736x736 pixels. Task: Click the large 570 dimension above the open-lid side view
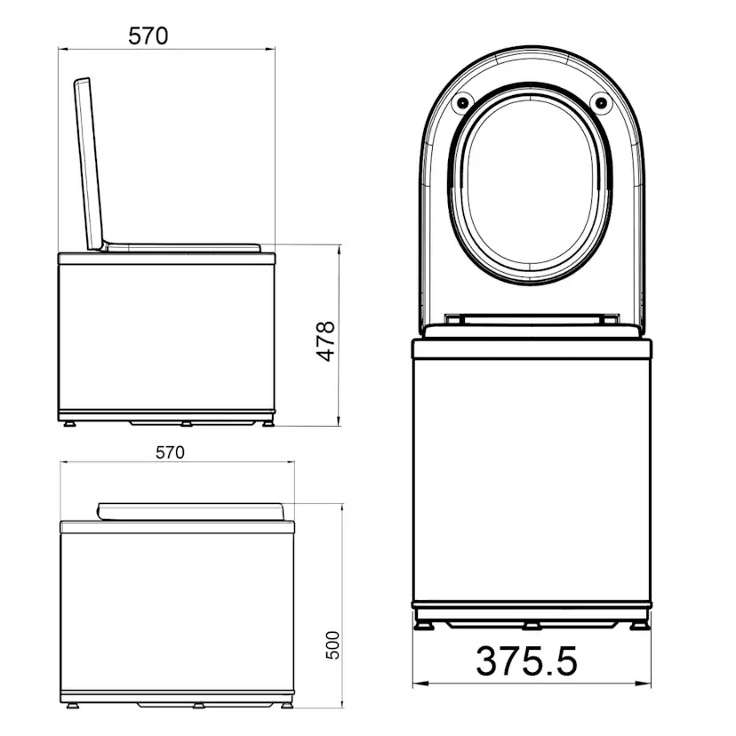tap(148, 36)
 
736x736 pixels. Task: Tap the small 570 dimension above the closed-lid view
tap(170, 452)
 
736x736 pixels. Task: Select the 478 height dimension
tap(325, 341)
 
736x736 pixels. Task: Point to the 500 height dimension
tap(332, 645)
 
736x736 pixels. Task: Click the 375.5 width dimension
tap(526, 661)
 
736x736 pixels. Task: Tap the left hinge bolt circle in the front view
tap(463, 102)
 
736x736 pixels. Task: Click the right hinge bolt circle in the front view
tap(601, 102)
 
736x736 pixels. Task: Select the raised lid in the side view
tap(89, 164)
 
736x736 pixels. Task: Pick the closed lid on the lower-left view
tap(191, 512)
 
